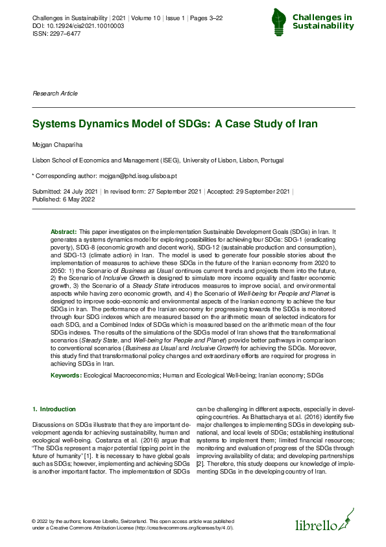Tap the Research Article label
pos(55,94)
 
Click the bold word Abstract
pos(64,232)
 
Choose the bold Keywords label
pos(66,376)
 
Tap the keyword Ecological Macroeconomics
pos(125,376)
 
